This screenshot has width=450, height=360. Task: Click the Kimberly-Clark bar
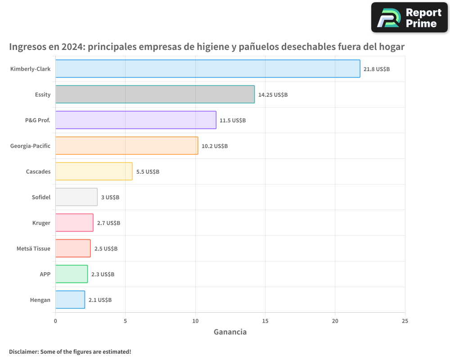[207, 69]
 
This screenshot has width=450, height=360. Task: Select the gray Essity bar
[155, 94]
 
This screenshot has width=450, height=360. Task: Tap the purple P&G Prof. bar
[135, 120]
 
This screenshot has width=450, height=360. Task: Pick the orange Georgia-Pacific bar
[126, 146]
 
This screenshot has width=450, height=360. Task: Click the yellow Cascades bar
[94, 171]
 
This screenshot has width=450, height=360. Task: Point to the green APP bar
[71, 274]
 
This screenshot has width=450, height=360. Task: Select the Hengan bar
[70, 300]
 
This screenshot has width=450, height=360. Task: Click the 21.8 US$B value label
[377, 69]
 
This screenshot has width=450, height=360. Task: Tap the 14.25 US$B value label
[273, 94]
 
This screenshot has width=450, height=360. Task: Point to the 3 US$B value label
[110, 197]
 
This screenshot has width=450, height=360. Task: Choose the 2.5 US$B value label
[106, 248]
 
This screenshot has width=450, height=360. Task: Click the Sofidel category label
[41, 197]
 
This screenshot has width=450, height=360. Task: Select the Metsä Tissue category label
[33, 248]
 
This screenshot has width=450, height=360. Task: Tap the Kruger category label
[41, 223]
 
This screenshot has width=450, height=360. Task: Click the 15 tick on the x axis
[265, 321]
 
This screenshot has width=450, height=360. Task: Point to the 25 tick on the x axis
[405, 321]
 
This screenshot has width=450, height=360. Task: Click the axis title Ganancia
[230, 332]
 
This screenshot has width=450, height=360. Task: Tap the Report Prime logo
[409, 18]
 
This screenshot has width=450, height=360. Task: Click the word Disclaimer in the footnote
[23, 351]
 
